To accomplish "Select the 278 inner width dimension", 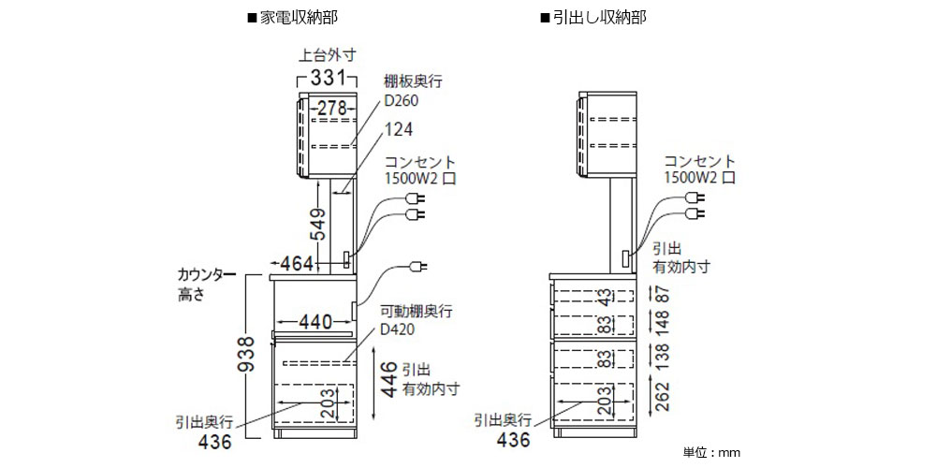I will point(329,108).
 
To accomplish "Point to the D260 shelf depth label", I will point(400,101).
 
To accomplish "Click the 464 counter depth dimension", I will point(298,264).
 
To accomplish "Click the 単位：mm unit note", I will point(711,452).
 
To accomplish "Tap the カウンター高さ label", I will point(199,285).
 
